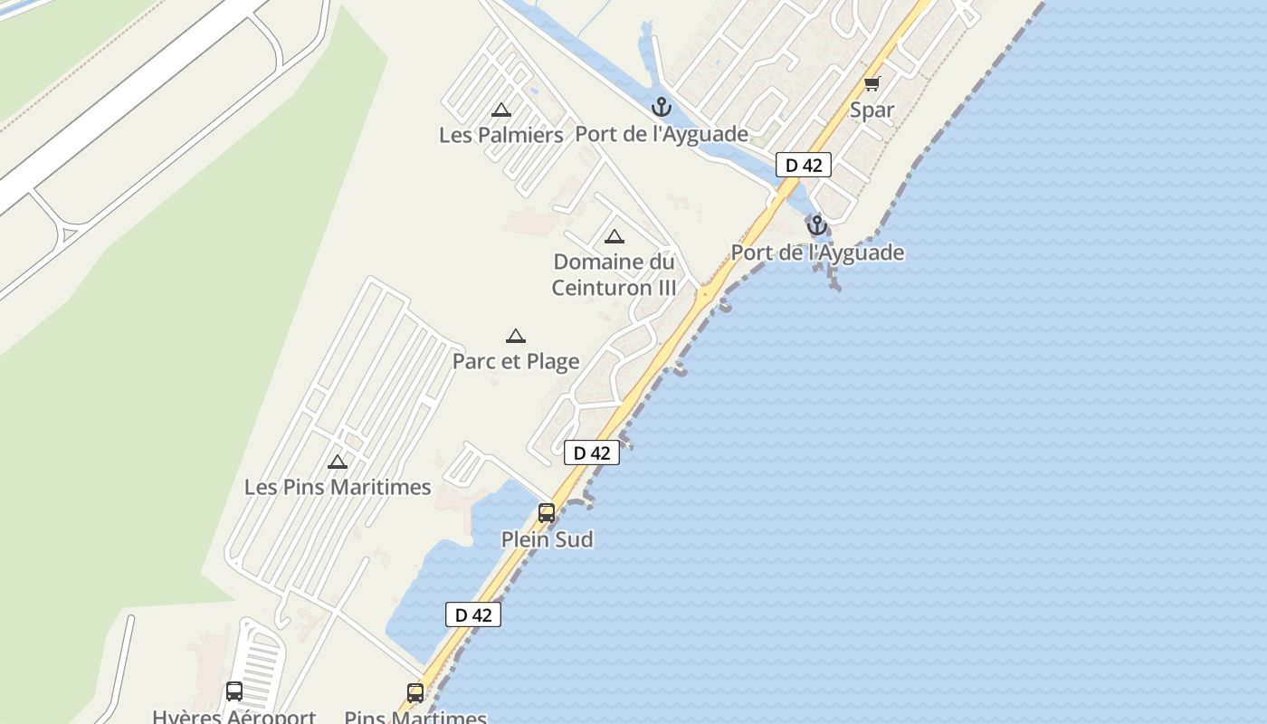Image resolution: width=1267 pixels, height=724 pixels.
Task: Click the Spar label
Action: pos(872,110)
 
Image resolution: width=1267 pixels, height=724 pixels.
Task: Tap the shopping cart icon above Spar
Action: pos(872,84)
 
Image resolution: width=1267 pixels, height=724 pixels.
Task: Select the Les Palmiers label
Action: pos(501,135)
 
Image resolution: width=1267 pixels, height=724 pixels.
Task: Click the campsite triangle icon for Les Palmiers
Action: pos(501,110)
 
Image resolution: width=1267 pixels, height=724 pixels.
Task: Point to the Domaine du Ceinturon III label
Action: pos(614,274)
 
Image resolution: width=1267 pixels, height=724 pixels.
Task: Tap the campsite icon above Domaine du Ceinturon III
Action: pos(614,237)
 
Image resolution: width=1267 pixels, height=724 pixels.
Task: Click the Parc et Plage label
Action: pos(516,361)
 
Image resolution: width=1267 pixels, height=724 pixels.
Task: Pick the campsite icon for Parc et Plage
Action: pos(516,337)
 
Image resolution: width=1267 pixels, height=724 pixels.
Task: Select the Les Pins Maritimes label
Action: pos(338,487)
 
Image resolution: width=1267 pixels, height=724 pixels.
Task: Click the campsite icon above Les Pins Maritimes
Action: pos(338,462)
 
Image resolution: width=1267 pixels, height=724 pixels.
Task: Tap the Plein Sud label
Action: pos(548,539)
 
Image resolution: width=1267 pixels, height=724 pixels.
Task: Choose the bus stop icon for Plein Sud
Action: pos(547,513)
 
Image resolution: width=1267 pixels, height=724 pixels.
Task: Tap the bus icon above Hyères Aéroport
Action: pos(234,692)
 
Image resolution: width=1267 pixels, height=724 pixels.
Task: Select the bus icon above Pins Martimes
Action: pos(415,693)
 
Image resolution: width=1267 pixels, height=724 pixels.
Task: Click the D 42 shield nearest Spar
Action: pos(804,165)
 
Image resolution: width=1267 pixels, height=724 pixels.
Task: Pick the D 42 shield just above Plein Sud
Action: pos(592,452)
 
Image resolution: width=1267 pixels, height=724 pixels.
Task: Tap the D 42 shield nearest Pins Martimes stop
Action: pos(473,614)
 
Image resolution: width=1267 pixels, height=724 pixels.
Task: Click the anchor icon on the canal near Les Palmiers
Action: pos(662,108)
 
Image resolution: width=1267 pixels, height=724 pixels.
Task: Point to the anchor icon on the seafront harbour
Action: pos(817,225)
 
